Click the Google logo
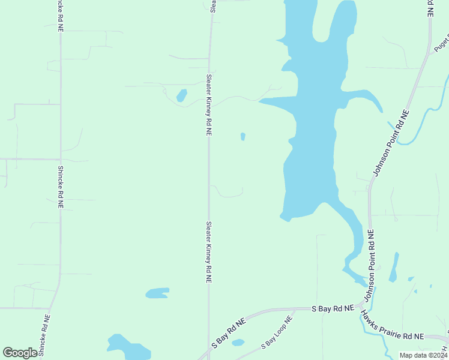tap(20, 353)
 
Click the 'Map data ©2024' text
tap(423, 355)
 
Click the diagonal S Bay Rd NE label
tap(229, 334)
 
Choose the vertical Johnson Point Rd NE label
tap(371, 258)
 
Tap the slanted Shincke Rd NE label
tap(45, 335)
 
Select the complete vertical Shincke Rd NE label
tap(61, 187)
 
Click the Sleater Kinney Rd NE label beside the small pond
tap(208, 105)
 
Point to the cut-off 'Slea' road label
tap(212, 5)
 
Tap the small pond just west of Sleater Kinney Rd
tap(181, 95)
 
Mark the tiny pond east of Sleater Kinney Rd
tap(243, 137)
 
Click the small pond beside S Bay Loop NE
tap(238, 343)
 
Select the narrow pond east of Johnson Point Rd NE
tap(394, 267)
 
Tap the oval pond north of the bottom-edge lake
tap(157, 293)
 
